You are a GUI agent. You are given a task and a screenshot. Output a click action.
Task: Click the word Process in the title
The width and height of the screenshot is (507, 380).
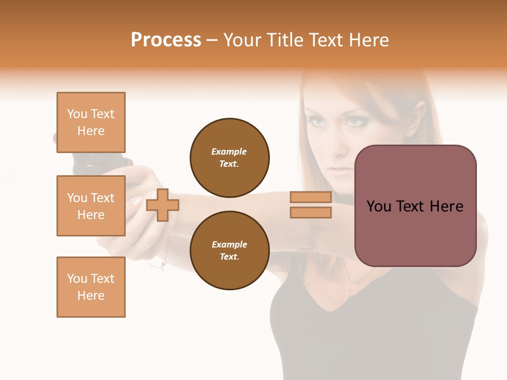pos(166,40)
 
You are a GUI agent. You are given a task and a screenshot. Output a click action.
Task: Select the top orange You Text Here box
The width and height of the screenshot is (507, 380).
pos(91,122)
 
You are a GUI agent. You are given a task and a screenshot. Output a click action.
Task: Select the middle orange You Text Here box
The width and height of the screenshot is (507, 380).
pos(91,206)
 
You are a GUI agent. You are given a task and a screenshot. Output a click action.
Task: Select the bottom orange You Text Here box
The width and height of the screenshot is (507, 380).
pos(91,287)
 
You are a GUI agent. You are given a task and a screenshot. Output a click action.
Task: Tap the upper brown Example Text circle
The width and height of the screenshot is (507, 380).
pos(230,158)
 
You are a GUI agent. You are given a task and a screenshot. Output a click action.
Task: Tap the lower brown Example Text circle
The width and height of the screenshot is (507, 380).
pos(230,251)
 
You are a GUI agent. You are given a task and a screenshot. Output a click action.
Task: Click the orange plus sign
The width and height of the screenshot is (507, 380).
pos(163,205)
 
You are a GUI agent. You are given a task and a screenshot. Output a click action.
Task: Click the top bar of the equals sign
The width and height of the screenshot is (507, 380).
pos(311,197)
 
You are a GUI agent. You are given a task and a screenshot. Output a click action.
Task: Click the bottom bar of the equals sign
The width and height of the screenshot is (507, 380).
pos(311,213)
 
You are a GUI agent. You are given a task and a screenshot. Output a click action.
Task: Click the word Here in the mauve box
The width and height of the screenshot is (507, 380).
pos(446,206)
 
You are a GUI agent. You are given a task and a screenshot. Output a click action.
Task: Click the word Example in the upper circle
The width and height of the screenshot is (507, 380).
pos(229,151)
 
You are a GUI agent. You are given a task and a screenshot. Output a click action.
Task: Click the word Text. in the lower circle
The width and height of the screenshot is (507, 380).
pos(230,257)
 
